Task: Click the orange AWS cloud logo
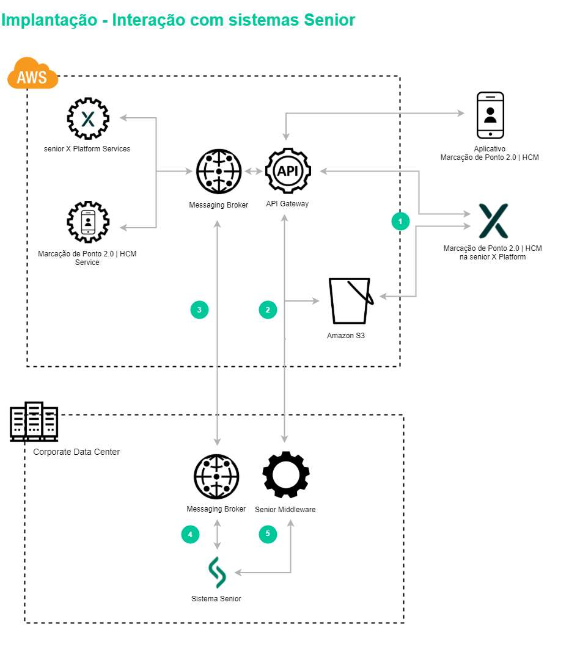[x=32, y=74]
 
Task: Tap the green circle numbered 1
[x=400, y=221]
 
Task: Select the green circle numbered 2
[x=268, y=309]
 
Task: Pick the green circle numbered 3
[x=199, y=309]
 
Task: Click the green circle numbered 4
[x=190, y=534]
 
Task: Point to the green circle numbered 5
[x=268, y=534]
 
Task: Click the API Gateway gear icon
[x=288, y=171]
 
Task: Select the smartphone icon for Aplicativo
[x=490, y=115]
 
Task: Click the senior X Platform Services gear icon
[x=88, y=118]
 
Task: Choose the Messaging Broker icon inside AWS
[x=219, y=172]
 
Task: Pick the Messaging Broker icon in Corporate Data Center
[x=216, y=477]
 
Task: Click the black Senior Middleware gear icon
[x=285, y=476]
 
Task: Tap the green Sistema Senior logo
[x=217, y=573]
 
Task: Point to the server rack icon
[x=34, y=421]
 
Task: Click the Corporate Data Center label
[x=76, y=452]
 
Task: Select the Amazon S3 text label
[x=346, y=336]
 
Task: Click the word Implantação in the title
[x=50, y=20]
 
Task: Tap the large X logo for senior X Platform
[x=493, y=221]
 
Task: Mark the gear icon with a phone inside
[x=88, y=222]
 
